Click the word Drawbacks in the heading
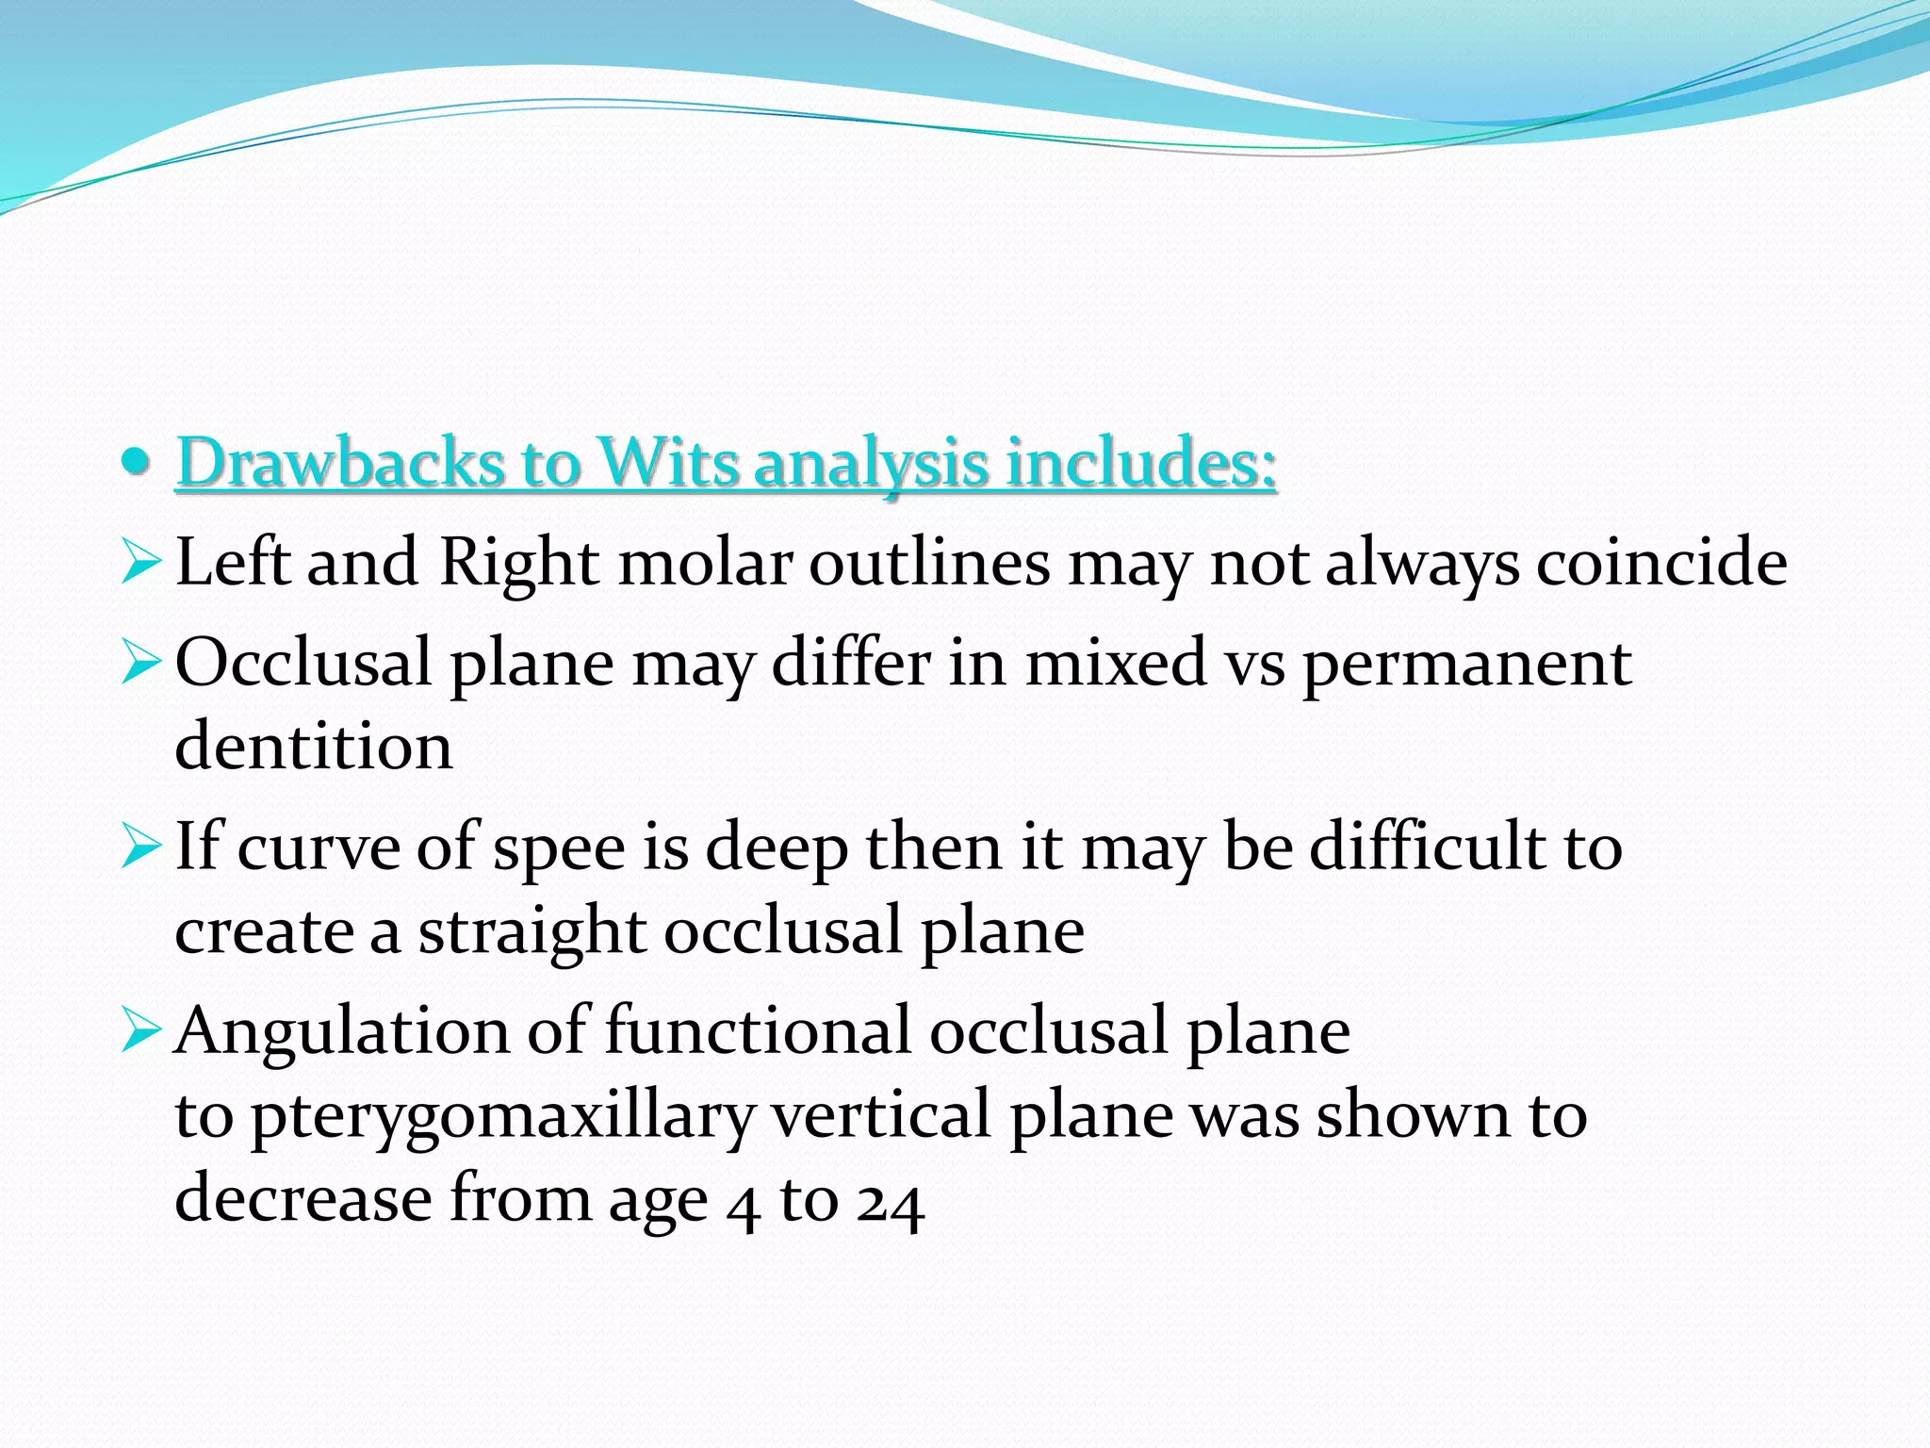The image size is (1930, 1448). coord(339,463)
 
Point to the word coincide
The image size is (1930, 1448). coord(1661,563)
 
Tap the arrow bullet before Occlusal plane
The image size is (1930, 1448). coord(140,665)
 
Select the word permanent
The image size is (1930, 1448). coord(1467,664)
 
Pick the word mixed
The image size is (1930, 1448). coord(1116,663)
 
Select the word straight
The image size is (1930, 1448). coord(531,932)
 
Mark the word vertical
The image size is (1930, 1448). coord(881,1114)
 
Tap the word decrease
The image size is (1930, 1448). coord(303,1199)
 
